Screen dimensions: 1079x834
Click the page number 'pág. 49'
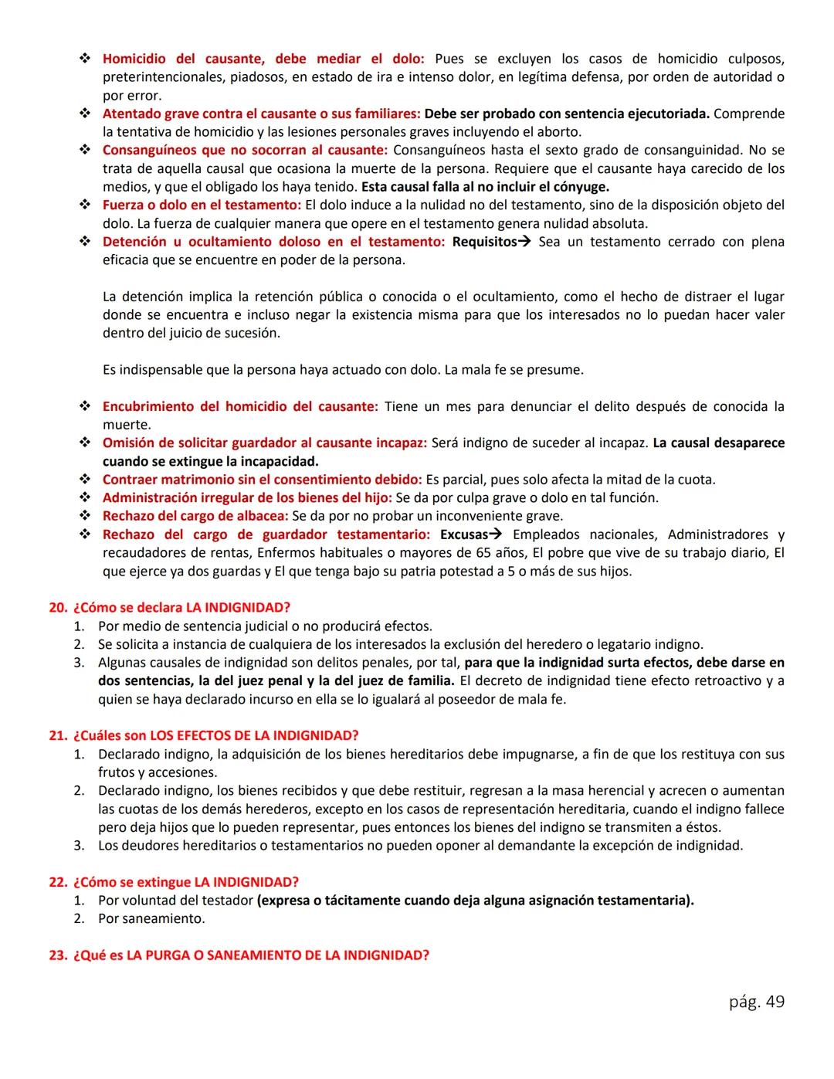coord(756,1002)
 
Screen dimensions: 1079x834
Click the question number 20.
coord(58,608)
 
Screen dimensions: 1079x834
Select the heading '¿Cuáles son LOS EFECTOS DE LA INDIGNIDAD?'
coord(215,735)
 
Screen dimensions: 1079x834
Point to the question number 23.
coord(58,955)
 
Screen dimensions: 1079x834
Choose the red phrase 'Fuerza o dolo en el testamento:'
coord(202,205)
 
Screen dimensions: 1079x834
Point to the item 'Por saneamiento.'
coord(151,918)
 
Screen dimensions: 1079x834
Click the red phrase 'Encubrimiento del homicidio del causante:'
coord(240,406)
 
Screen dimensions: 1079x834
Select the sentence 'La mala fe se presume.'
coord(514,370)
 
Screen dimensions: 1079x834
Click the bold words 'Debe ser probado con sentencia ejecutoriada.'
coord(567,114)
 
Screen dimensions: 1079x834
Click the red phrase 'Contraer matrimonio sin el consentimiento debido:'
coord(262,480)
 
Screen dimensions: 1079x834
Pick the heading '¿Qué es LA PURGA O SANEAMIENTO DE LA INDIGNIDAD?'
coord(251,955)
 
